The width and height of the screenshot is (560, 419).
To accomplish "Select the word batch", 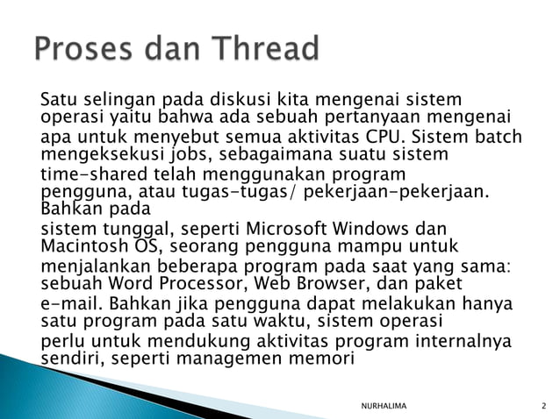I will (498, 138).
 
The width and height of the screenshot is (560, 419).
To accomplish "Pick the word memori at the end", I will (325, 358).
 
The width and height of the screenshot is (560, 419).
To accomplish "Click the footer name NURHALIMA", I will (390, 402).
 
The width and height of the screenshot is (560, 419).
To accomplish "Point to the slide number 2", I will (544, 402).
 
